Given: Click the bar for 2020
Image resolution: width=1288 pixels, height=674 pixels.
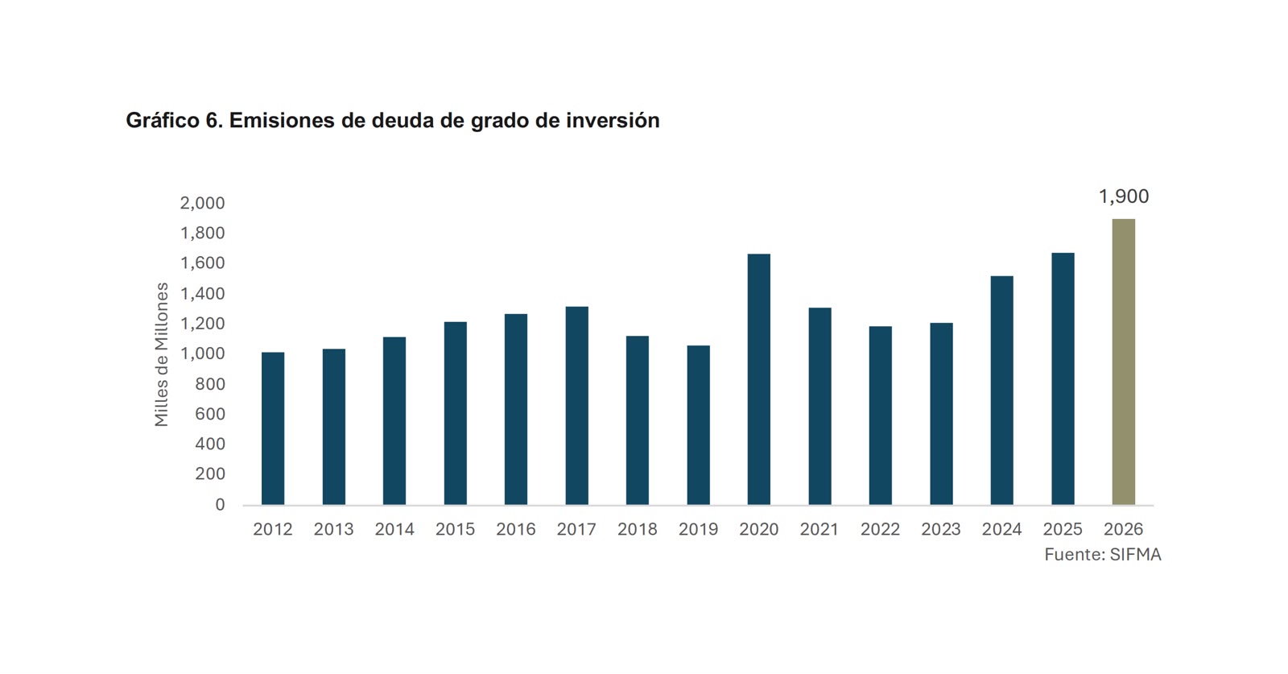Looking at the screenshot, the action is [758, 379].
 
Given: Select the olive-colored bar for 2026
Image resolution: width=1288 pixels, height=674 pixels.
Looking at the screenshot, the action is [1124, 362].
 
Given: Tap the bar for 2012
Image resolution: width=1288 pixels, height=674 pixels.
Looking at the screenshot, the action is [273, 428].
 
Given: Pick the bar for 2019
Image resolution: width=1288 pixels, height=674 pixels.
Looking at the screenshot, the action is [698, 425].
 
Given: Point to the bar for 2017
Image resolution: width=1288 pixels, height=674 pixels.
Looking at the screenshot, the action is [576, 405].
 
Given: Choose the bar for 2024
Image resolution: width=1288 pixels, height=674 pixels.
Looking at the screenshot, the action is [1001, 391].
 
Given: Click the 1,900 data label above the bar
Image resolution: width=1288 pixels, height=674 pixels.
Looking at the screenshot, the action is [1124, 196].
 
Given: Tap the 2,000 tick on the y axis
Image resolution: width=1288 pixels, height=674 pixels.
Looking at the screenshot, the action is [202, 203].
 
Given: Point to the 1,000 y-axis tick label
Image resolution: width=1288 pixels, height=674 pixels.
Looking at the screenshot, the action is [202, 354].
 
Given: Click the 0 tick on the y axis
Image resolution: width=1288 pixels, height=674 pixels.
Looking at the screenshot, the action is [221, 504].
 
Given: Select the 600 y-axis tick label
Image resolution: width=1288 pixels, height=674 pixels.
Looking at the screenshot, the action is [210, 414].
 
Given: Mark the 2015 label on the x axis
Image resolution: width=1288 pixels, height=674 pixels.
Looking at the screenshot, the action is [455, 529].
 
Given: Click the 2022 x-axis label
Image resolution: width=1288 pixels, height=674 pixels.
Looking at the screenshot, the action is [880, 529].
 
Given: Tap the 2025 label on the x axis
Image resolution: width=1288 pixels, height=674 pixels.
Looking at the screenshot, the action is [1063, 529].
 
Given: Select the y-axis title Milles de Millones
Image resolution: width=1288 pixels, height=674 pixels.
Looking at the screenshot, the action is [162, 354].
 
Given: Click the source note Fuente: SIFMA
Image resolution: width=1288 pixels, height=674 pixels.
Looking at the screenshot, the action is [1103, 554].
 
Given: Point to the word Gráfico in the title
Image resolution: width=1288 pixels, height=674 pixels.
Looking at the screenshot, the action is [163, 121].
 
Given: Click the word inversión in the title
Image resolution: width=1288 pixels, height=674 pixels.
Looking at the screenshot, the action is [613, 120].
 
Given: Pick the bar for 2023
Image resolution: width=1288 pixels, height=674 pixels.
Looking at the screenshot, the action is [941, 414].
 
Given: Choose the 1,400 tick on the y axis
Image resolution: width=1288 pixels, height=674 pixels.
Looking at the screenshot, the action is [202, 294].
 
